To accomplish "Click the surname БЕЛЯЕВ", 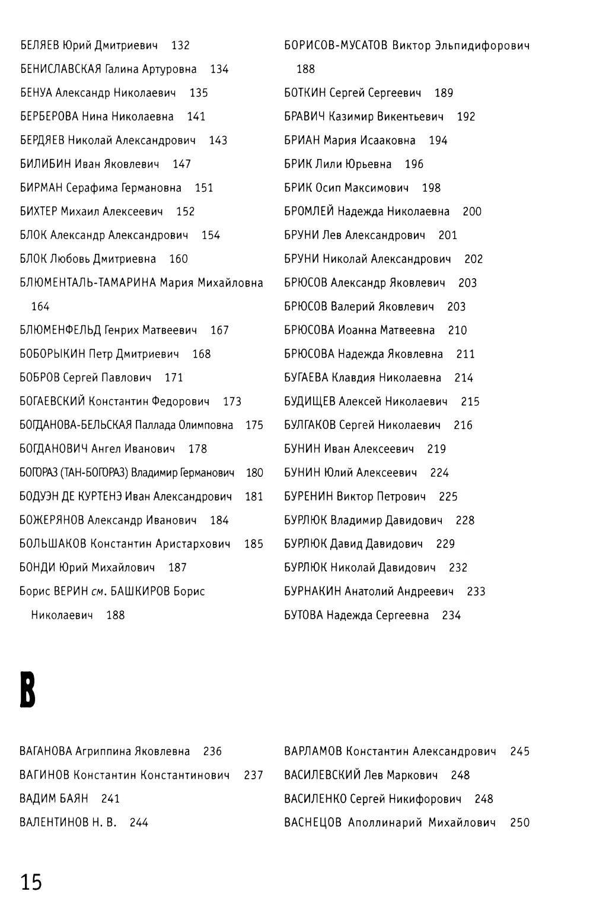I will tap(39, 46).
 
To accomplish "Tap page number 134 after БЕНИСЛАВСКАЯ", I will tap(219, 69).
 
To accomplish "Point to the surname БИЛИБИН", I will tap(45, 164).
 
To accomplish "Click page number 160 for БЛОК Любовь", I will tap(178, 259).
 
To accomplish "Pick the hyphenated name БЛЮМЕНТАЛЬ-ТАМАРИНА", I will tap(88, 283).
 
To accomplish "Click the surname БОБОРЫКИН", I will tap(52, 354).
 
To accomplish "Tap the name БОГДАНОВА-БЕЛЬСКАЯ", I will tap(75, 425).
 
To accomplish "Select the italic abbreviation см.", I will tap(98, 592).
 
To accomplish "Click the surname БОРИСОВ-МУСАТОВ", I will tap(336, 46).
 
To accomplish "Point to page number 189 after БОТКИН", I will tap(444, 93).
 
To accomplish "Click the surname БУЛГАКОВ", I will tap(310, 425).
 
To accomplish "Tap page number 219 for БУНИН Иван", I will tap(436, 449).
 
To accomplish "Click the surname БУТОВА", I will tap(303, 615).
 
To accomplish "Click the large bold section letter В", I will tap(28, 690).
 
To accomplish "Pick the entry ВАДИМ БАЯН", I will tap(53, 799).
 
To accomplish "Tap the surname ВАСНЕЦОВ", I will tap(313, 823).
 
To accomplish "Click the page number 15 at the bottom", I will tap(31, 883).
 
